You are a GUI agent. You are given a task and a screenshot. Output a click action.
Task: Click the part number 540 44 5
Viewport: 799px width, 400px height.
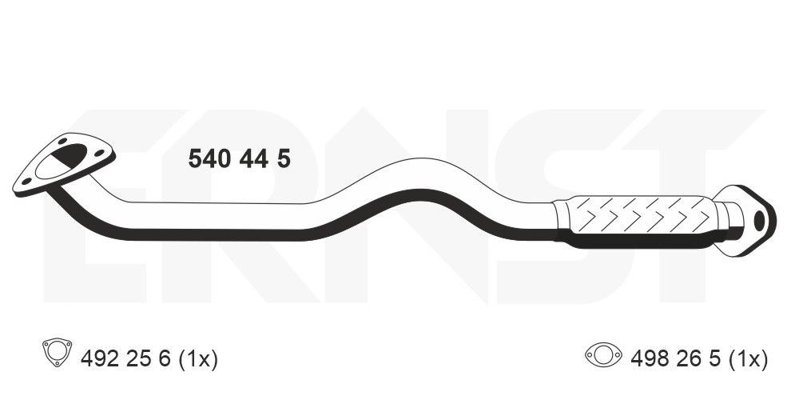239,159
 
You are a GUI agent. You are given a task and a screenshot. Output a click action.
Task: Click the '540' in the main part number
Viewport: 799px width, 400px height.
210,159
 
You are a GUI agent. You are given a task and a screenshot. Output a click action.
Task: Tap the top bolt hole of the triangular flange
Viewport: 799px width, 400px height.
62,143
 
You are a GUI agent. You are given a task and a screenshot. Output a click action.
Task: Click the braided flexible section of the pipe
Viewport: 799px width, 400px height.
639,214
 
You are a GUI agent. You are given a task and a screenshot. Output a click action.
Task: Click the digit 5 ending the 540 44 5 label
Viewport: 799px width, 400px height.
283,159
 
